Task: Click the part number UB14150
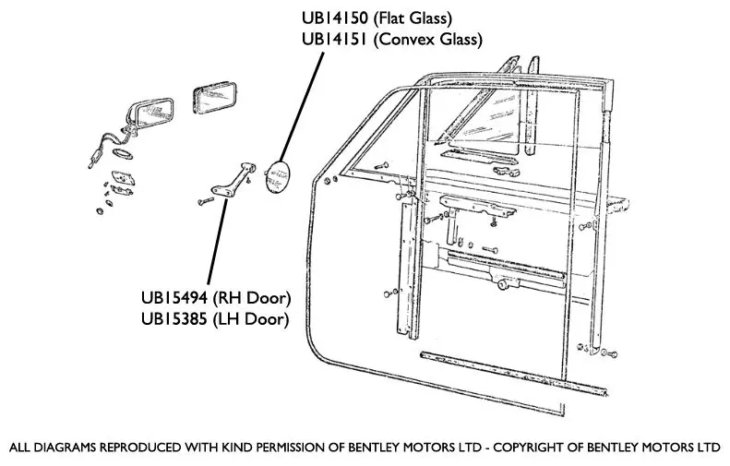coord(334,18)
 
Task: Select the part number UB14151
coord(334,39)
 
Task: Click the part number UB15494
coord(174,299)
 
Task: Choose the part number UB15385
coord(174,320)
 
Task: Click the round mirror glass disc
coord(276,177)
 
